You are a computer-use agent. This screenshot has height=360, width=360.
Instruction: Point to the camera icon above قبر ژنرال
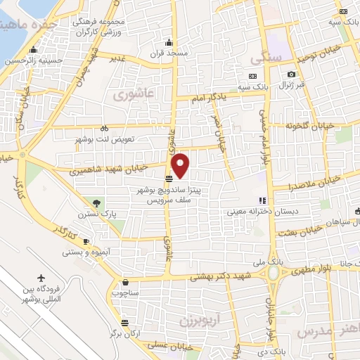291,75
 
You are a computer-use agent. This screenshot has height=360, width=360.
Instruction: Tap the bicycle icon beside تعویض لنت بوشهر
104,129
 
